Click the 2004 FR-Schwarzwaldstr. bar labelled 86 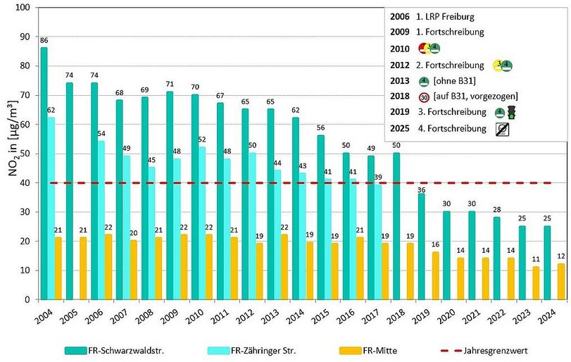(44, 173)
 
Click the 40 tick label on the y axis (27, 182)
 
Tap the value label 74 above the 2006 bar (94, 75)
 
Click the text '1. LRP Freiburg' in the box (449, 15)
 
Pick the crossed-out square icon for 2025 (502, 129)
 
